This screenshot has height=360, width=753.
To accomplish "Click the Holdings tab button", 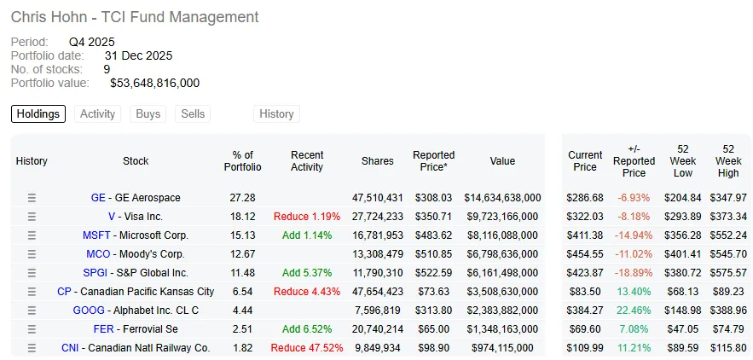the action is (38, 114).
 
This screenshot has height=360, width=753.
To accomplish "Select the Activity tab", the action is (97, 114).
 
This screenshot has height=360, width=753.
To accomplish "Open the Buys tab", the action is (148, 114).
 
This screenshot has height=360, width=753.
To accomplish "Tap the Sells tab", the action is (193, 114).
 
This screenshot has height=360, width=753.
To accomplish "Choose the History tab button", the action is (276, 114).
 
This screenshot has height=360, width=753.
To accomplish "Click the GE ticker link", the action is (97, 198).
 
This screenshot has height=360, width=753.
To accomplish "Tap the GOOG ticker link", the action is (89, 311).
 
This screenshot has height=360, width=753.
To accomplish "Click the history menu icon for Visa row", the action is (32, 217).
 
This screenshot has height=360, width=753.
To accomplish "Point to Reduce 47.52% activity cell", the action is (307, 348).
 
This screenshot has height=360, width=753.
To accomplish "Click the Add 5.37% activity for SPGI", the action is (307, 273).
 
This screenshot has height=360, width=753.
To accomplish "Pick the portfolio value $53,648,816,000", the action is (154, 83).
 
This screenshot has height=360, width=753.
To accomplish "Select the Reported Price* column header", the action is (434, 161).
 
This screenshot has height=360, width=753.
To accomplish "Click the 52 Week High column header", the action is (728, 161).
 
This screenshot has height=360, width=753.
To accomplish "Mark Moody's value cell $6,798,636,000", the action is (503, 254).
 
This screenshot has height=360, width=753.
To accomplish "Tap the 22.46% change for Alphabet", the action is (634, 311).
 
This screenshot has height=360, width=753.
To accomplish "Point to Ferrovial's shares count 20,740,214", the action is (378, 329).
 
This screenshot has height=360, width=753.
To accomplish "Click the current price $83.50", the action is (585, 292).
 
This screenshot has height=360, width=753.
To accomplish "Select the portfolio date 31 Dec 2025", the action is (138, 55).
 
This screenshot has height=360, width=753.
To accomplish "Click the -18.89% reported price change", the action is (634, 273).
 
